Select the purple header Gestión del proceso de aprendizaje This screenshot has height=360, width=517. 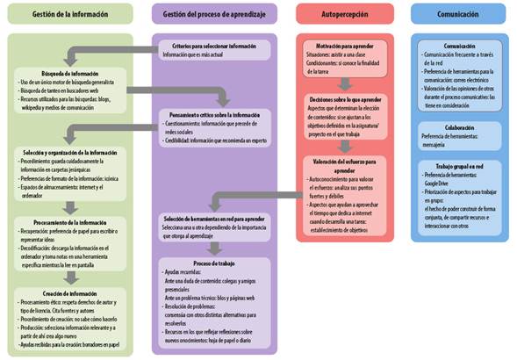[x=215, y=14]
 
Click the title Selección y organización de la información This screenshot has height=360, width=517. [x=69, y=152]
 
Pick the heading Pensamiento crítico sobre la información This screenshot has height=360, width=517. [x=215, y=114]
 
